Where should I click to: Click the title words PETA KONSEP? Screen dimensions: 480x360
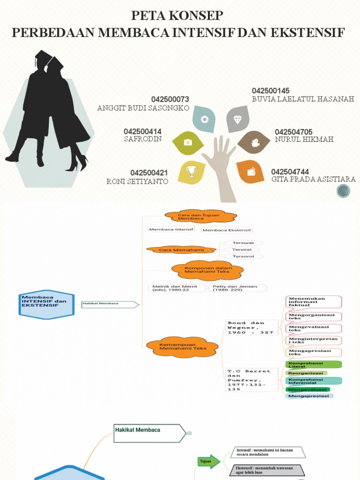click(x=177, y=16)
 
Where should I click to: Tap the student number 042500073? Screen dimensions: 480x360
click(x=170, y=99)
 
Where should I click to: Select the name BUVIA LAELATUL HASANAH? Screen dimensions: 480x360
click(x=303, y=99)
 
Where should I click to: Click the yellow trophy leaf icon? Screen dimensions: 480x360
click(x=192, y=172)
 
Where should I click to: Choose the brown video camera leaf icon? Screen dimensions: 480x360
click(x=254, y=142)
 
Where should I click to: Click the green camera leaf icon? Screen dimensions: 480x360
click(x=187, y=142)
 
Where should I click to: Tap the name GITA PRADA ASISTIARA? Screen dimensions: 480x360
click(x=313, y=179)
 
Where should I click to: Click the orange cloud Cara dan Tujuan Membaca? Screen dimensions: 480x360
click(x=200, y=217)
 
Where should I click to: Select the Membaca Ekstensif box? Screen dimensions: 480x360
click(x=227, y=230)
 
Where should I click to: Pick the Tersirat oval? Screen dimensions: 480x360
click(x=242, y=250)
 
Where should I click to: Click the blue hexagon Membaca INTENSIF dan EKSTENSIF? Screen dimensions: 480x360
click(x=46, y=304)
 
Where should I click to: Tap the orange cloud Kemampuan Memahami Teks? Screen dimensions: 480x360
click(x=182, y=347)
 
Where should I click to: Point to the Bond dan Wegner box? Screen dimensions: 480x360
click(x=246, y=328)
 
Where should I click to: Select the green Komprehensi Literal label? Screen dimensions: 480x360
click(x=313, y=365)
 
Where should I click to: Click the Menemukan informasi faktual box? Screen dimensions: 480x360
click(x=313, y=302)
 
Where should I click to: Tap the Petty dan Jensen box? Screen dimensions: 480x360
click(x=238, y=288)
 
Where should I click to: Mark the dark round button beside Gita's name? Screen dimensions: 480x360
click(x=344, y=191)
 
